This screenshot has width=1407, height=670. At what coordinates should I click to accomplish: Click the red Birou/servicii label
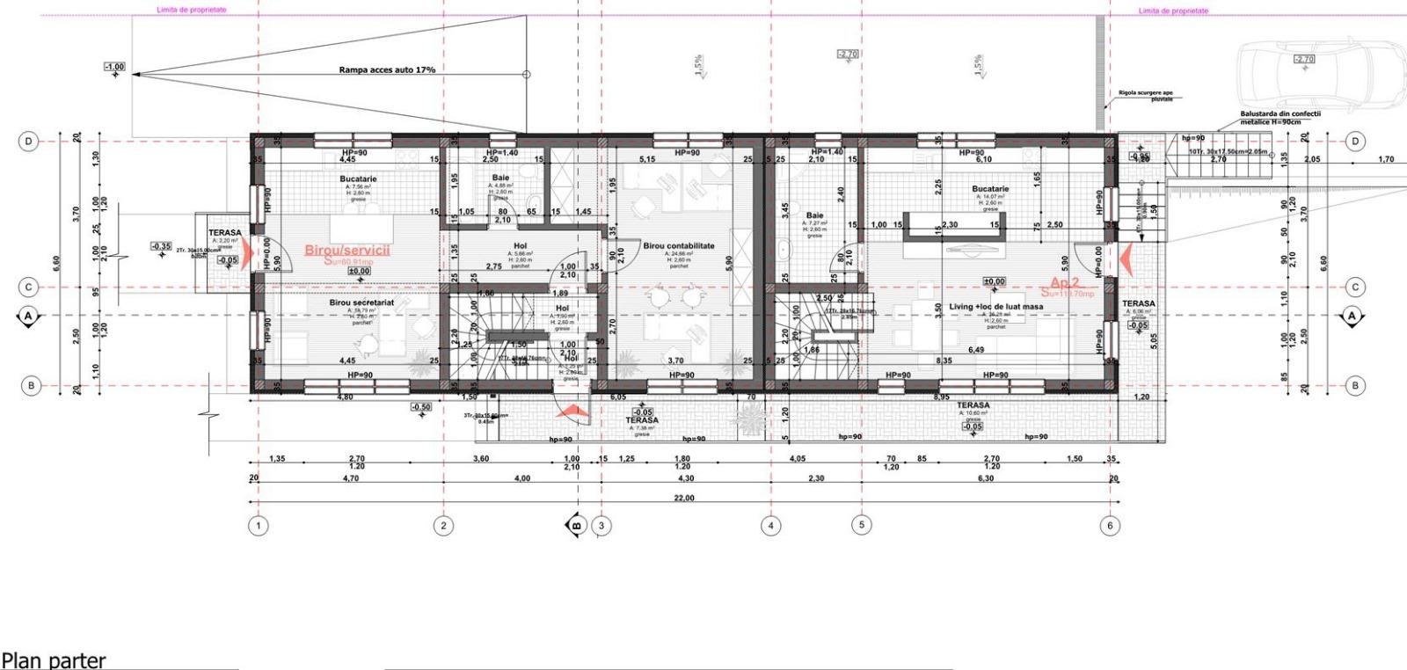[x=346, y=250]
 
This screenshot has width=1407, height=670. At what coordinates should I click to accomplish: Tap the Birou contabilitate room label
[x=678, y=246]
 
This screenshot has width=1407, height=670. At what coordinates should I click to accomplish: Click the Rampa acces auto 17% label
[x=387, y=69]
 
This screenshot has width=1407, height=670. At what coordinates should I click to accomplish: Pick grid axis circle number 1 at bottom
[x=258, y=526]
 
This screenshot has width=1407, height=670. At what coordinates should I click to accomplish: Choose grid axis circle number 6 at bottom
[x=1109, y=526]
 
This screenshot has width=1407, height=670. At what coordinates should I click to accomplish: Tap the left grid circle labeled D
[x=29, y=141]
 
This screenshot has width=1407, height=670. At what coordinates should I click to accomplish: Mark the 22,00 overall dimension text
[x=683, y=498]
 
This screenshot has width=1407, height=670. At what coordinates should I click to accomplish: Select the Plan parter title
[x=54, y=659]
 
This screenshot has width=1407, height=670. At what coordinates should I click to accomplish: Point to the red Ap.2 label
[x=1064, y=283]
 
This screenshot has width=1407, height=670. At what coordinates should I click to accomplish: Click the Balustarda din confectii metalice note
[x=1279, y=117]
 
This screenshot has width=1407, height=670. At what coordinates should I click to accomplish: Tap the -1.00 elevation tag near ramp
[x=114, y=67]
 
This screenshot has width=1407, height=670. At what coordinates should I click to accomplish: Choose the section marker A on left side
[x=27, y=315]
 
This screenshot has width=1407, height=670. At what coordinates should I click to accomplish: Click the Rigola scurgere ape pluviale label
[x=1146, y=95]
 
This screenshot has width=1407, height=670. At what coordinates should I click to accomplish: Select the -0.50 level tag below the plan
[x=421, y=407]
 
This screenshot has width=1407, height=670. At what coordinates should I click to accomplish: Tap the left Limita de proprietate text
[x=191, y=10]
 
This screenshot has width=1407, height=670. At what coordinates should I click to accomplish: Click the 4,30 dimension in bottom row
[x=683, y=478]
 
